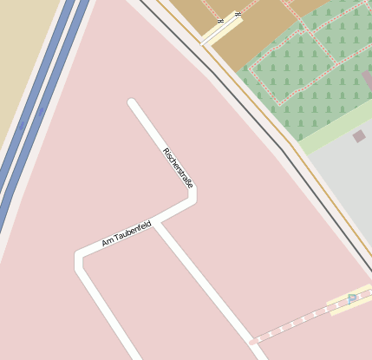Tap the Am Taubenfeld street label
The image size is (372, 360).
127,232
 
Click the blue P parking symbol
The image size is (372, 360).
351,298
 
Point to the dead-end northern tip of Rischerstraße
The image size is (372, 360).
133,104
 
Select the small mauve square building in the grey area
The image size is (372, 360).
359,136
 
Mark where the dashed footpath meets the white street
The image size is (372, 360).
252,342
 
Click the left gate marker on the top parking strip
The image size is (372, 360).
221,19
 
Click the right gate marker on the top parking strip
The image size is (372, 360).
237,14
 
